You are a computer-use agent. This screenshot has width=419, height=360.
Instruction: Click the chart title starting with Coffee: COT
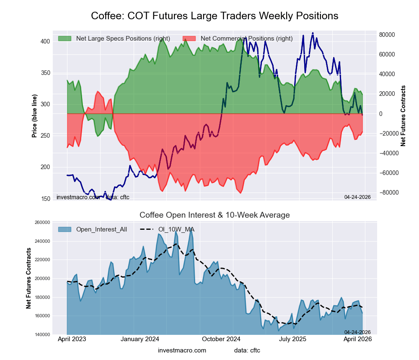(215, 16)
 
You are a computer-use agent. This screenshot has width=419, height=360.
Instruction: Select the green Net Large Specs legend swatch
(65, 39)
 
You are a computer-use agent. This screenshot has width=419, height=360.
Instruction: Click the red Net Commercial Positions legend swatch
(189, 39)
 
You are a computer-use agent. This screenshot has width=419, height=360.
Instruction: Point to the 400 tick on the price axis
(45, 41)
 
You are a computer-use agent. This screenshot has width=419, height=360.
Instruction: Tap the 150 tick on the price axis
(45, 198)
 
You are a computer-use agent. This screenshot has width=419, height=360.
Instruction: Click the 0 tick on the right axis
(381, 114)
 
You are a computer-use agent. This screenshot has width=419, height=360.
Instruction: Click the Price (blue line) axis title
(34, 115)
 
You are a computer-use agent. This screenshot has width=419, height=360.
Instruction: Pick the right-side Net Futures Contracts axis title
(403, 116)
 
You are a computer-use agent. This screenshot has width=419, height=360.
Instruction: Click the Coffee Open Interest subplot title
(215, 215)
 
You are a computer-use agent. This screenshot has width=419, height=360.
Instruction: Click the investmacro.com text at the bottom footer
(182, 350)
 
